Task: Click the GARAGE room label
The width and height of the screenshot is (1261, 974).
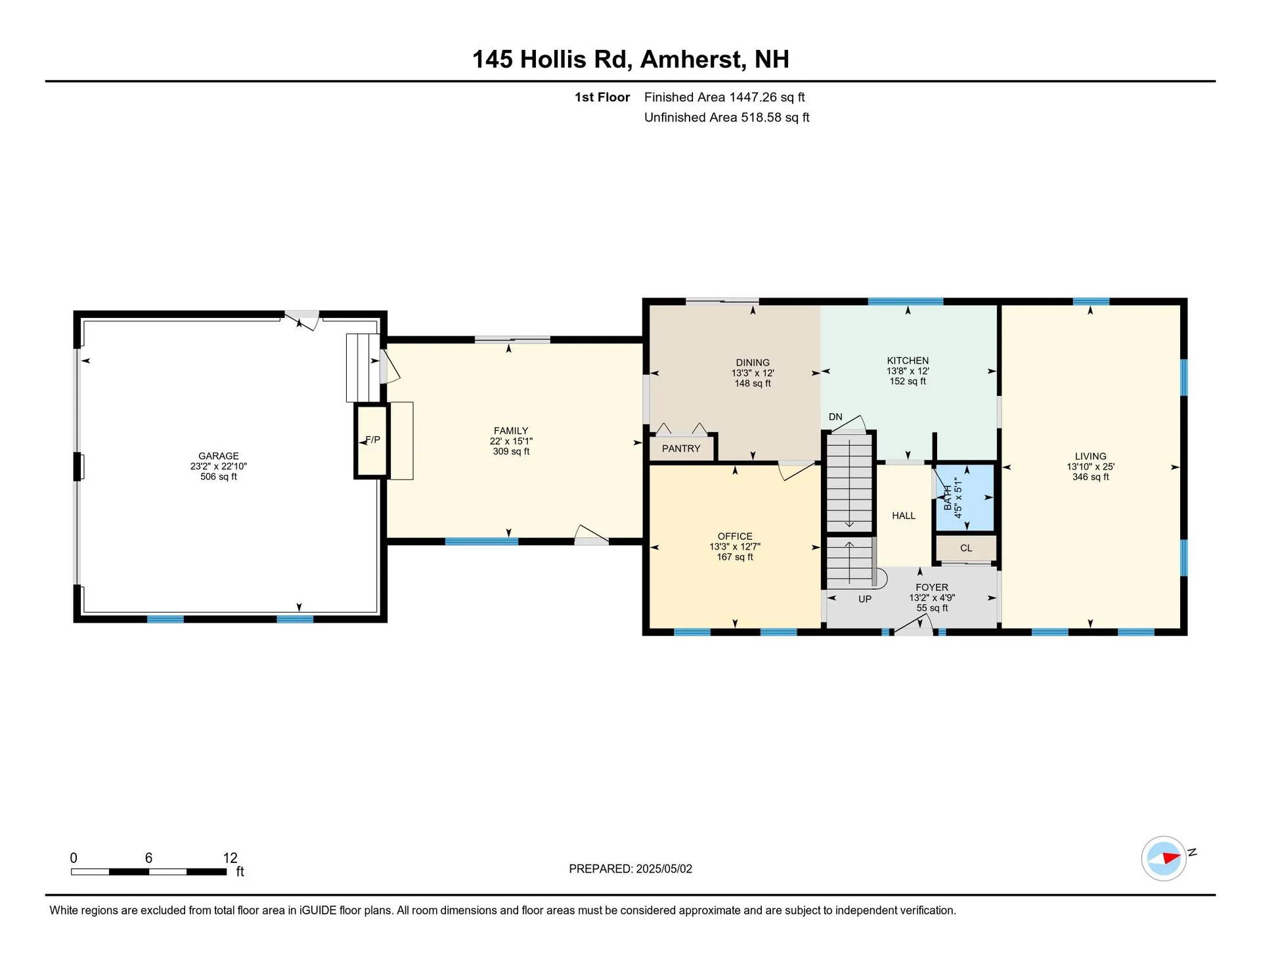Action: click(x=219, y=456)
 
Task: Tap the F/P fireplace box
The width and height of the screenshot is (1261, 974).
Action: click(x=372, y=440)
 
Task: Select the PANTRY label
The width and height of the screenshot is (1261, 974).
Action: click(x=681, y=449)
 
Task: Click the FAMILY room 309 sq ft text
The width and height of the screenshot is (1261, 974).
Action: click(x=511, y=452)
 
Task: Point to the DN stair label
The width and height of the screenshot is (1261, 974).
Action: click(x=835, y=417)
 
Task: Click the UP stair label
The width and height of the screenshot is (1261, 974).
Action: click(x=865, y=599)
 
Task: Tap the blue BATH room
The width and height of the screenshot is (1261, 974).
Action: click(x=965, y=498)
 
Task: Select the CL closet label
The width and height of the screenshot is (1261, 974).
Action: click(x=966, y=548)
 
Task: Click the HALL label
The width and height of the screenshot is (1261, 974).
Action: click(x=904, y=516)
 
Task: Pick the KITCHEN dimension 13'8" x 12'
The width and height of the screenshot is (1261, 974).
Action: click(x=908, y=371)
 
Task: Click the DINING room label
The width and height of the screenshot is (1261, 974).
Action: click(x=753, y=363)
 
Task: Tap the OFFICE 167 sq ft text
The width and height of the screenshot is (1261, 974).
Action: click(x=735, y=557)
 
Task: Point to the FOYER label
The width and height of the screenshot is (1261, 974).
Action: click(x=932, y=587)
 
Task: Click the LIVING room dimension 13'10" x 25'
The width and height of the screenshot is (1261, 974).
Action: click(x=1090, y=467)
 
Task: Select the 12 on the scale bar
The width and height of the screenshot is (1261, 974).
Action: click(x=230, y=858)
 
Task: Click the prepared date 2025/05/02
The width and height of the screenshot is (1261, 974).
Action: click(x=664, y=869)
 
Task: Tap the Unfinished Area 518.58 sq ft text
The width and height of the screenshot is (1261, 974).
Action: click(x=726, y=118)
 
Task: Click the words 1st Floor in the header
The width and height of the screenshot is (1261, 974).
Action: click(x=602, y=97)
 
